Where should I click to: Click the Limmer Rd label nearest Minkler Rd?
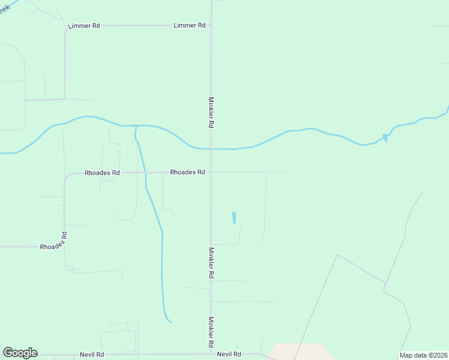click(x=189, y=26)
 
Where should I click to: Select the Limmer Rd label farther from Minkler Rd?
click(x=84, y=26)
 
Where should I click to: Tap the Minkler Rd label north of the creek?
click(x=211, y=112)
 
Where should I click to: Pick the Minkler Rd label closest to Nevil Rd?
click(x=211, y=332)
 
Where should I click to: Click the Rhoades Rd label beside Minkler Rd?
click(x=187, y=172)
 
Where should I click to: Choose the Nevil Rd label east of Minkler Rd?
click(x=229, y=355)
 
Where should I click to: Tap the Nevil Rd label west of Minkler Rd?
click(x=92, y=355)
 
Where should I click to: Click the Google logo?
click(x=20, y=353)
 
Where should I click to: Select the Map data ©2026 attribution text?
click(x=423, y=355)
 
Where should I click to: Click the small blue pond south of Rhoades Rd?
click(x=234, y=217)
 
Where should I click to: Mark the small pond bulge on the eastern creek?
click(x=385, y=138)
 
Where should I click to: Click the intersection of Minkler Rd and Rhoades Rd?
click(x=210, y=172)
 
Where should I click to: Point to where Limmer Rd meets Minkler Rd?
click(x=210, y=26)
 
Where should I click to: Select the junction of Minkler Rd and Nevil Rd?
click(x=210, y=354)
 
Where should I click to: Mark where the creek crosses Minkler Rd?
click(x=210, y=148)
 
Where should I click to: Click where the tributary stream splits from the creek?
click(x=136, y=126)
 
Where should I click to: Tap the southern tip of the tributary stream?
click(x=170, y=322)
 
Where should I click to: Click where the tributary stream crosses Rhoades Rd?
click(x=145, y=173)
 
